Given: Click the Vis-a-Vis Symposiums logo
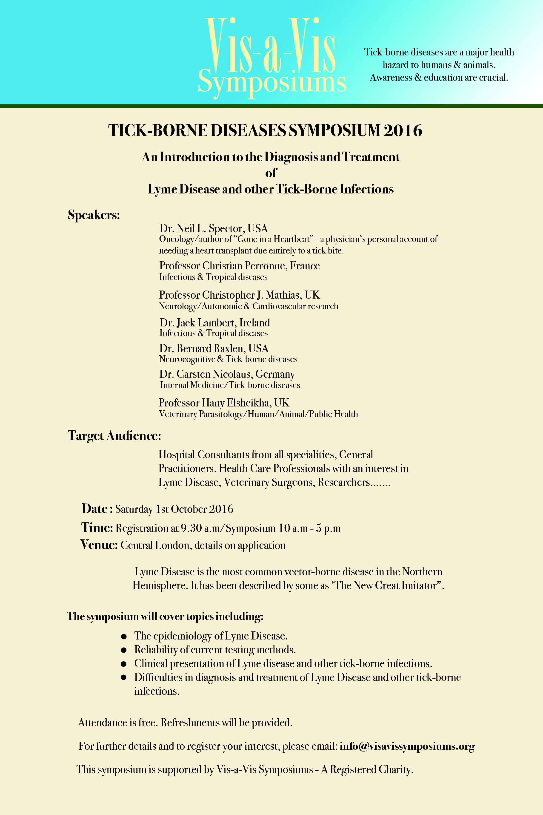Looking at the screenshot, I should (x=272, y=57).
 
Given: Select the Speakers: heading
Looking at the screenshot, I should (x=94, y=215).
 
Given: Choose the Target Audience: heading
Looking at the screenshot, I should (x=114, y=436).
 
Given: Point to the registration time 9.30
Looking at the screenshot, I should (x=191, y=528).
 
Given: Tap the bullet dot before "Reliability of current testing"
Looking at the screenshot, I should (x=124, y=650).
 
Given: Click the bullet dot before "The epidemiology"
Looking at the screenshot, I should (x=124, y=636).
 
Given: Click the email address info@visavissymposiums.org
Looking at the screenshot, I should (x=407, y=746).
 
